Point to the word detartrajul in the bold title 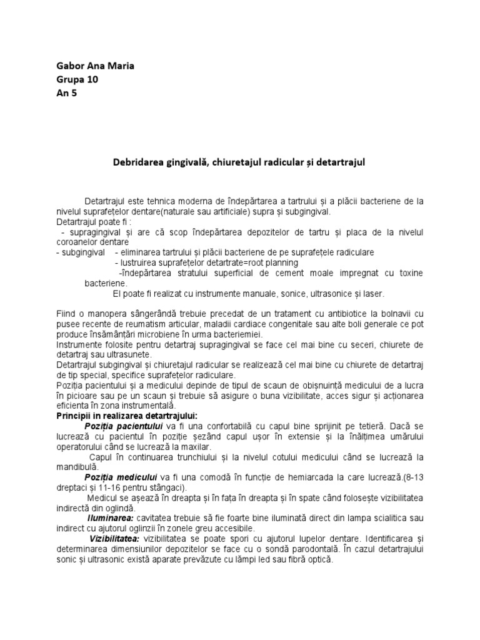(339, 161)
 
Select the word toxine (407, 273)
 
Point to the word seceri (354, 344)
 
